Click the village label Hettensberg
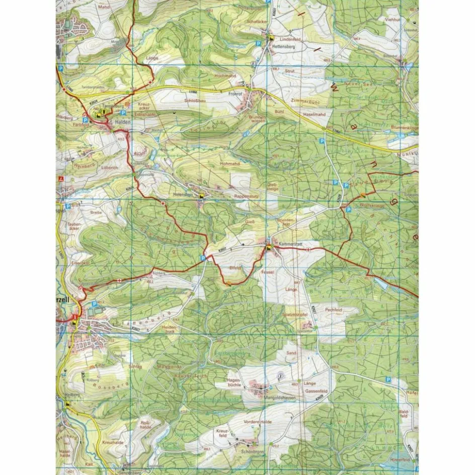[x=282, y=46]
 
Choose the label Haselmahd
[x=315, y=114]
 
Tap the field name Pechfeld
[x=334, y=309]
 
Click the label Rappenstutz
[x=246, y=196]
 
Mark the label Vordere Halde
[x=257, y=421]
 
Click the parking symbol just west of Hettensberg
[x=258, y=44]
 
